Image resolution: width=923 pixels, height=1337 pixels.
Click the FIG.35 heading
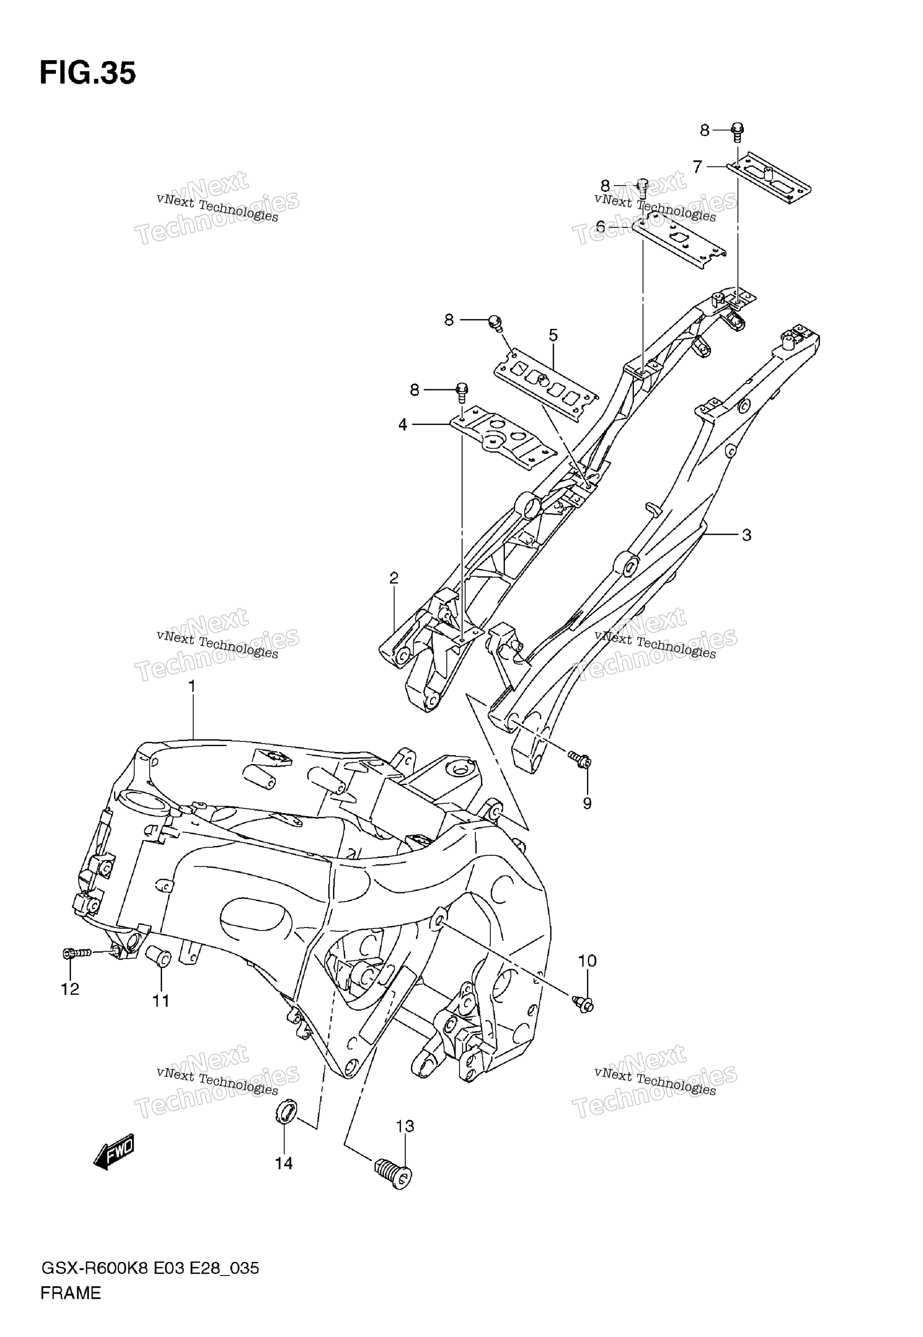pos(88,73)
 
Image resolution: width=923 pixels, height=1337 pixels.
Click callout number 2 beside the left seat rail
pos(394,578)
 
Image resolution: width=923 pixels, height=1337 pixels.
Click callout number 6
pos(601,227)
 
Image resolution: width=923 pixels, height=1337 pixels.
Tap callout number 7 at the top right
pos(698,167)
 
